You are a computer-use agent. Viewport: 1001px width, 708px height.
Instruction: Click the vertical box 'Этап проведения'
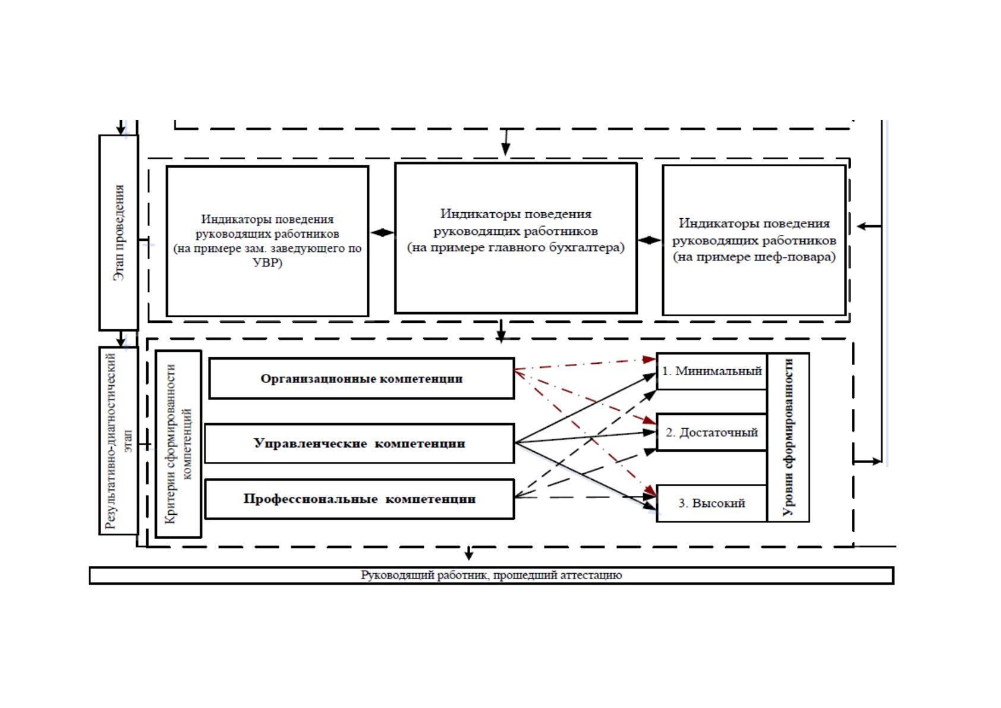118,232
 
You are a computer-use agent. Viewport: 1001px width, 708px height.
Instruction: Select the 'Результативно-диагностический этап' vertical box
118,440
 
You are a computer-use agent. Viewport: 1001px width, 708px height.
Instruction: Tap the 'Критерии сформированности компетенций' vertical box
178,444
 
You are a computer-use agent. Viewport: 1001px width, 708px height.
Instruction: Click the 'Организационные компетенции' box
361,379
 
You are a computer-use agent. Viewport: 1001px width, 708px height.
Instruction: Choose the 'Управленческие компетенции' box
360,443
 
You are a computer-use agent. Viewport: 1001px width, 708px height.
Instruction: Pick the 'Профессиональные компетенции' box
360,499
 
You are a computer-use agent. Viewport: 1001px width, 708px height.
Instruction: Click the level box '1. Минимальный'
712,371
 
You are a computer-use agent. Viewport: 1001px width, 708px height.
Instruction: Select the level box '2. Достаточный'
712,432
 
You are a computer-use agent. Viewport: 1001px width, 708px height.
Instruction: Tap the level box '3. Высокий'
712,504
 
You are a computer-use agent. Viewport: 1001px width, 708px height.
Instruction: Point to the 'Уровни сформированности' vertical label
788,438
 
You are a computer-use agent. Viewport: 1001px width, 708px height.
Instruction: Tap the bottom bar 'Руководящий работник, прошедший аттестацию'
492,575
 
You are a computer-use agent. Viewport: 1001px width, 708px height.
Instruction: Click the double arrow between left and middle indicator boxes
382,232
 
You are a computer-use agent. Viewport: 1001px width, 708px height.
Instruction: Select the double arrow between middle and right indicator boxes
649,240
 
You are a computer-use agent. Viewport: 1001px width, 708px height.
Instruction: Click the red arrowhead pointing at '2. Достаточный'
650,420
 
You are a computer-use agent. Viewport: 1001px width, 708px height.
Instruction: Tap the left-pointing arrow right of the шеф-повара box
868,226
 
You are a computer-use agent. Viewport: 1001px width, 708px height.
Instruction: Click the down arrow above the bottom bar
468,553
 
